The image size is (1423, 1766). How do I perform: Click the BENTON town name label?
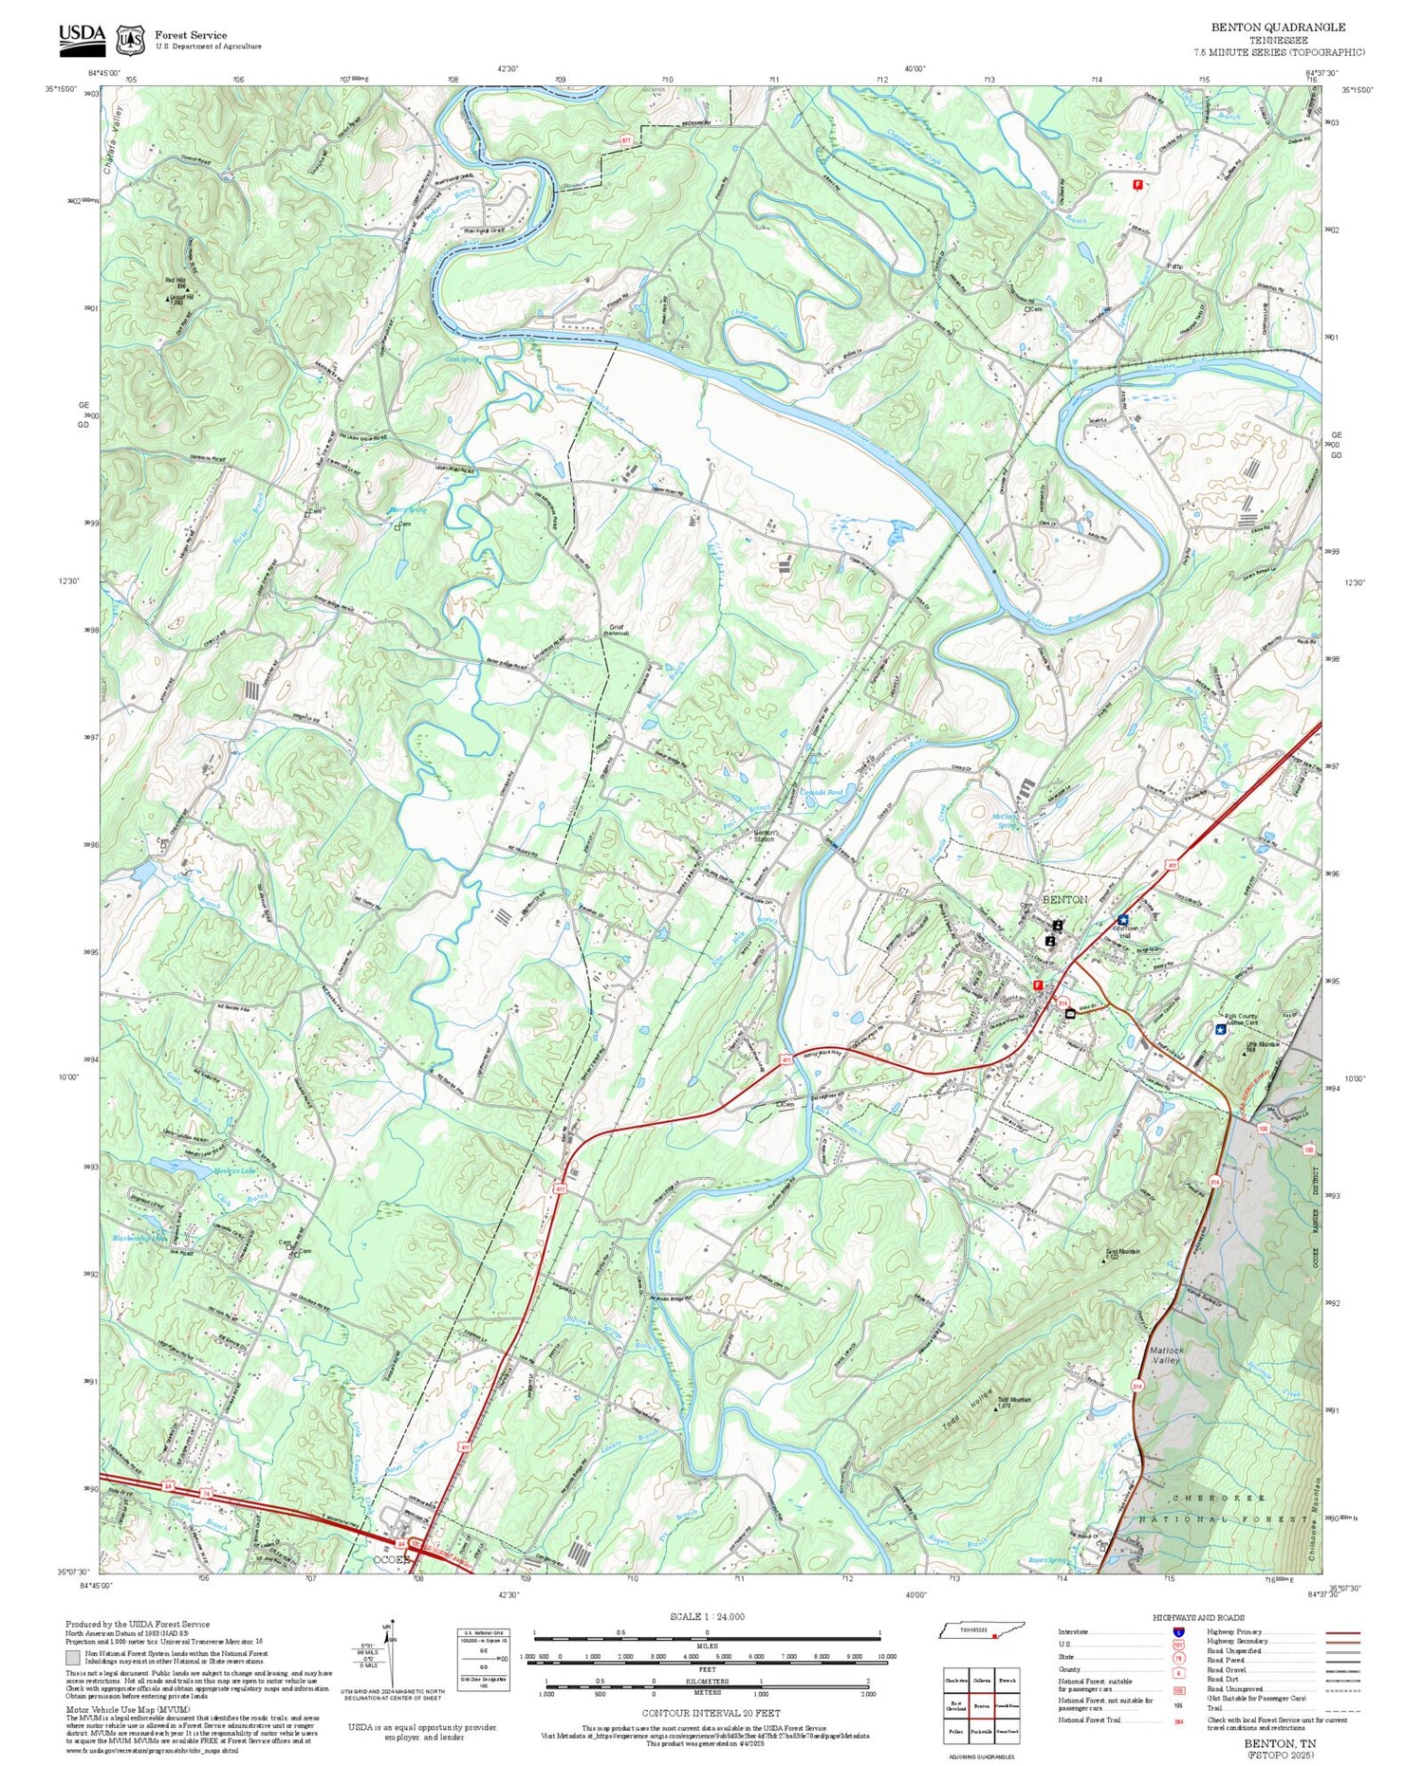1064,898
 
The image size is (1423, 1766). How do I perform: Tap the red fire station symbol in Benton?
1039,985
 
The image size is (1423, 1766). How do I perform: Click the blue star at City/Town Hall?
1123,919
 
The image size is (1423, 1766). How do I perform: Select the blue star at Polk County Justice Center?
1220,1028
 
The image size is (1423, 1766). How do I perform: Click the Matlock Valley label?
1166,1354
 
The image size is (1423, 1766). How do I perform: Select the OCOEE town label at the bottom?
390,1558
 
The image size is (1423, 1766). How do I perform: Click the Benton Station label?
765,836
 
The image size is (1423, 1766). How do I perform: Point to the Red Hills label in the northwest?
176,281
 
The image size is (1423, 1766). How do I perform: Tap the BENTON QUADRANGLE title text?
1278,28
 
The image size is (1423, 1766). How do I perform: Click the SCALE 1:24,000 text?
707,1617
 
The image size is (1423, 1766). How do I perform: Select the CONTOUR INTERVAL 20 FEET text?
711,1713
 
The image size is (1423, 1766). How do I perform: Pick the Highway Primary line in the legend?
1339,1633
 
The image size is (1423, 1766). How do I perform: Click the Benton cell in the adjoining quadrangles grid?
981,1704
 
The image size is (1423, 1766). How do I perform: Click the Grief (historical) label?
617,629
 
